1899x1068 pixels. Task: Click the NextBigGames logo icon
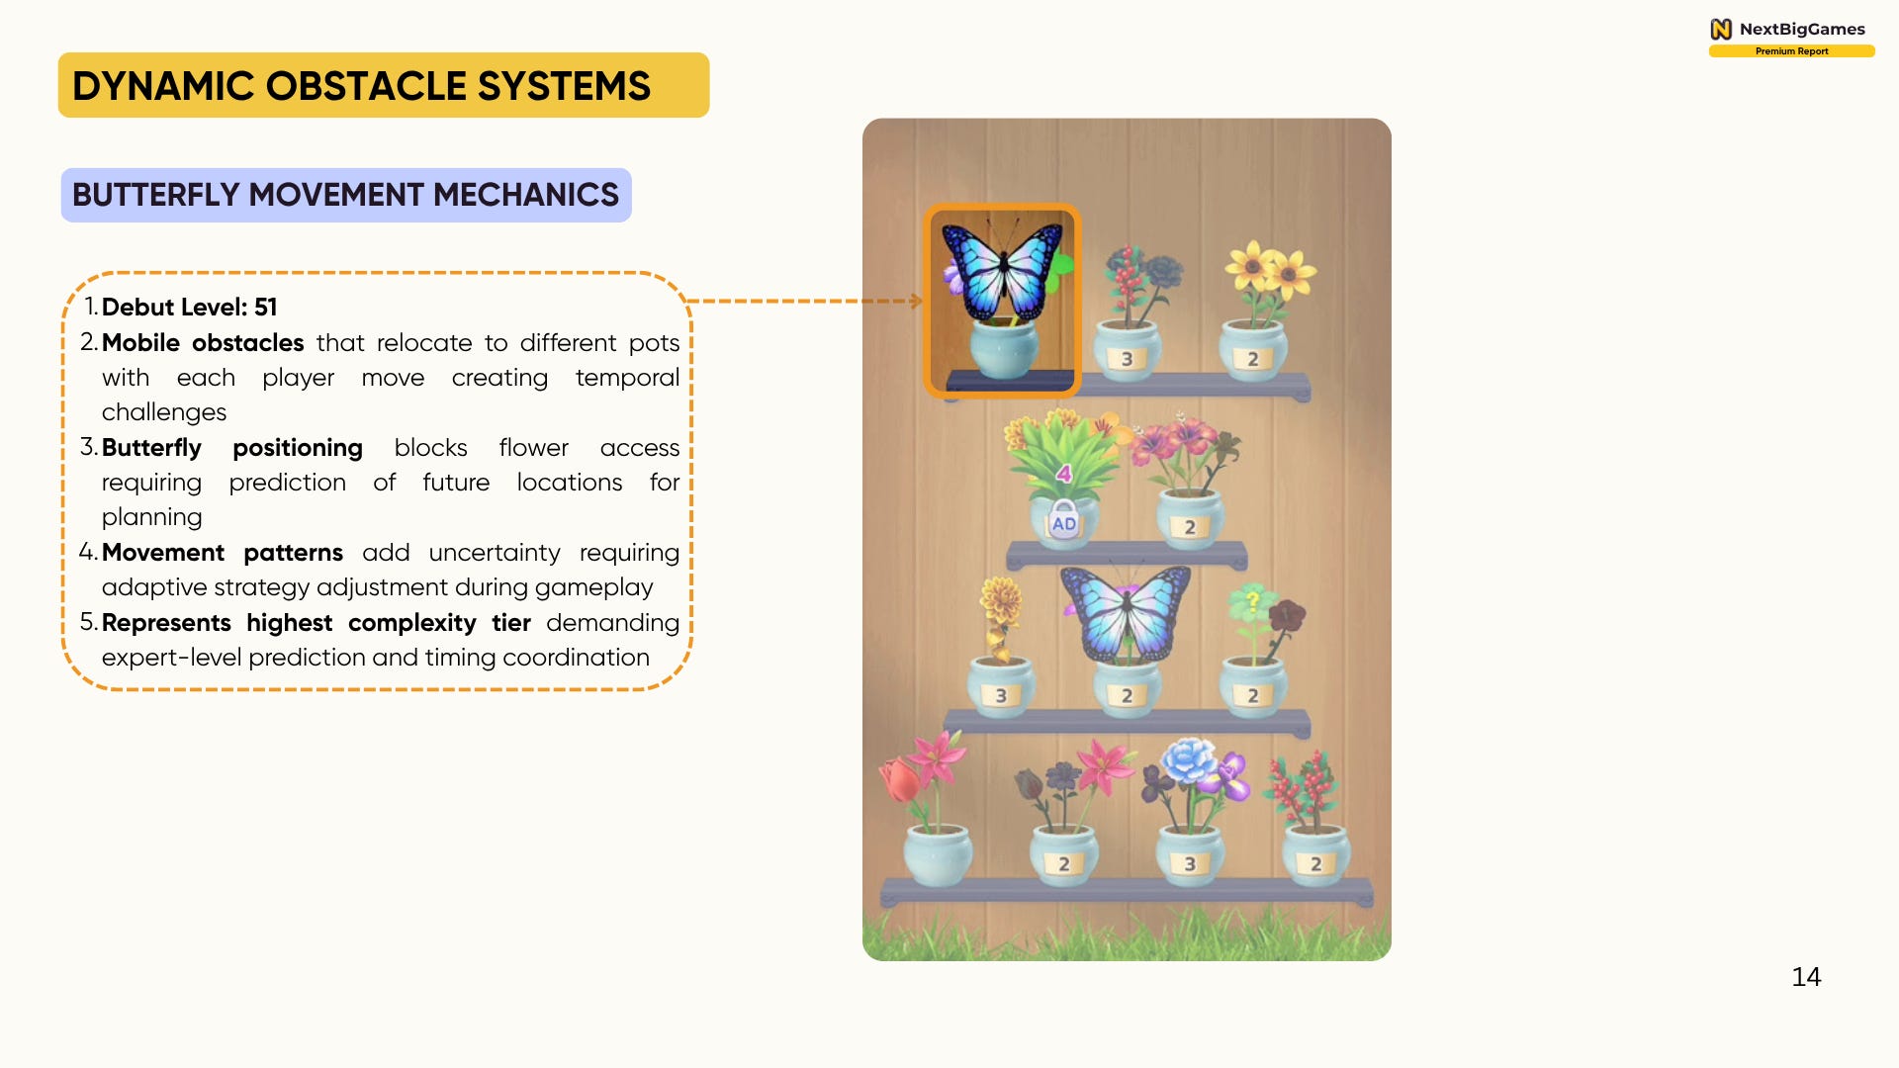pyautogui.click(x=1721, y=29)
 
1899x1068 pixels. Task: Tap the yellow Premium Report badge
pyautogui.click(x=1791, y=51)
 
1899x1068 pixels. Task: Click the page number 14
pyautogui.click(x=1806, y=977)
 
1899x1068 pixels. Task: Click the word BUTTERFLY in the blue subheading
pyautogui.click(x=155, y=195)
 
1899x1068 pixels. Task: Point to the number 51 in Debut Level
pyautogui.click(x=266, y=308)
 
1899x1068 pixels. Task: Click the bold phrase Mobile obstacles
pyautogui.click(x=203, y=343)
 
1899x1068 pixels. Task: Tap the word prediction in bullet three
pyautogui.click(x=287, y=483)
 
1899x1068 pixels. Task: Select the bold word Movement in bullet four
pyautogui.click(x=163, y=553)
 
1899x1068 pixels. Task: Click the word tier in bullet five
pyautogui.click(x=511, y=623)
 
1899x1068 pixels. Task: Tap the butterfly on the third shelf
pyautogui.click(x=1126, y=613)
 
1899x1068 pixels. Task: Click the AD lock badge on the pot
pyautogui.click(x=1063, y=522)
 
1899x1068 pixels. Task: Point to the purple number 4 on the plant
pyautogui.click(x=1064, y=474)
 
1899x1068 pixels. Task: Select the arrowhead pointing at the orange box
pyautogui.click(x=916, y=301)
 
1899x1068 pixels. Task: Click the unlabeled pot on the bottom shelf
pyautogui.click(x=938, y=856)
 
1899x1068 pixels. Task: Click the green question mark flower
pyautogui.click(x=1251, y=602)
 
